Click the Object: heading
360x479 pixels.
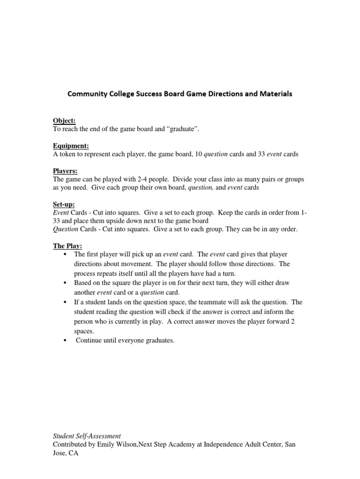(64, 121)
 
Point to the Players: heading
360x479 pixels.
(65, 171)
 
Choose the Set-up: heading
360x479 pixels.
(64, 204)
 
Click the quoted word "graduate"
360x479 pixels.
(183, 129)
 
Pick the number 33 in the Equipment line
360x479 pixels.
(262, 154)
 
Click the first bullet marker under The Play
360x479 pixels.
(64, 254)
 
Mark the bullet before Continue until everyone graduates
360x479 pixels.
(64, 341)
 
